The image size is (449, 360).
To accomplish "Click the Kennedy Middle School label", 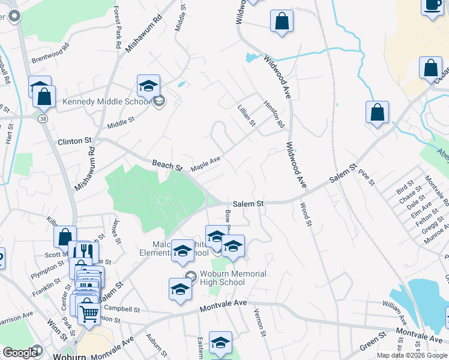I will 106,102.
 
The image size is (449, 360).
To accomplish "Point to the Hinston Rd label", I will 274,114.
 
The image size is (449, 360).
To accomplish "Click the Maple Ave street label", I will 206,163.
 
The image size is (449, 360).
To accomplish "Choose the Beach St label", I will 167,163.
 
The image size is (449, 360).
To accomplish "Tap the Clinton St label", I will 74,142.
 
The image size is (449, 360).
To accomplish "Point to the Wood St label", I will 306,214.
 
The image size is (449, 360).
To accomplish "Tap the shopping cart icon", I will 89,312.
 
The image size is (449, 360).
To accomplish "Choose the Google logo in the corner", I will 20,353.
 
